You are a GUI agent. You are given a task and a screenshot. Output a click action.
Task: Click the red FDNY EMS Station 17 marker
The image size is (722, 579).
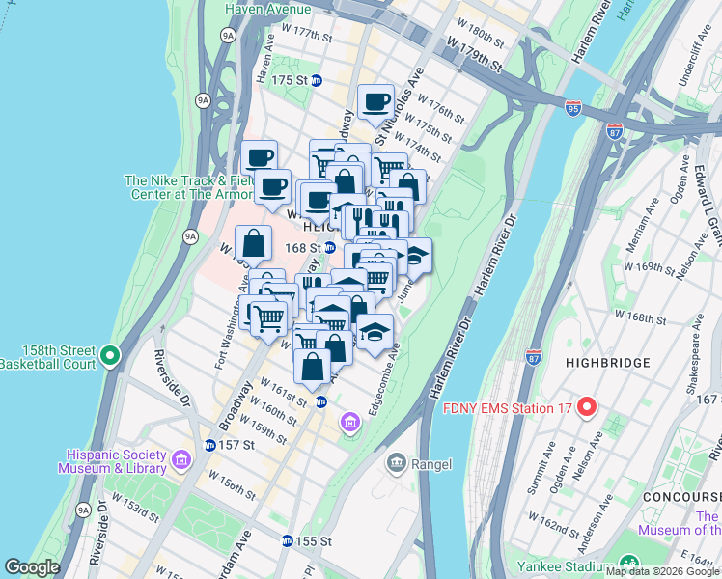click(x=586, y=408)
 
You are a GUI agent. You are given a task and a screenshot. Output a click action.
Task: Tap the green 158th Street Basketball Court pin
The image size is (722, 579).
click(x=111, y=357)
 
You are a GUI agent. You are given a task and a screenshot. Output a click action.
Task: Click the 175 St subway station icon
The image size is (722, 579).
click(x=317, y=80)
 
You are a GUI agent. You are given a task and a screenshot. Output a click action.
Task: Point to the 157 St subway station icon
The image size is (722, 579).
click(x=209, y=445)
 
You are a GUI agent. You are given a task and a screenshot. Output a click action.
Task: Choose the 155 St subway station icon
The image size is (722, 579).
click(x=287, y=541)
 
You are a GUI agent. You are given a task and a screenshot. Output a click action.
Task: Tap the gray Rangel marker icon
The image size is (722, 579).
click(x=396, y=464)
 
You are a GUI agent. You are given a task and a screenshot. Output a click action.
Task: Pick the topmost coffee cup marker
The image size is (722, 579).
click(x=375, y=101)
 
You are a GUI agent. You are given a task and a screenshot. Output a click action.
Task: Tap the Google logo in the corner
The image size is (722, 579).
click(x=32, y=567)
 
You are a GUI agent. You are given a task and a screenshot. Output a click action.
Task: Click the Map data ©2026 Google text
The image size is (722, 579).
click(x=662, y=571)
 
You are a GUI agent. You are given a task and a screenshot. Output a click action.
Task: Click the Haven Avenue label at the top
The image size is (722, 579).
click(x=268, y=9)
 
